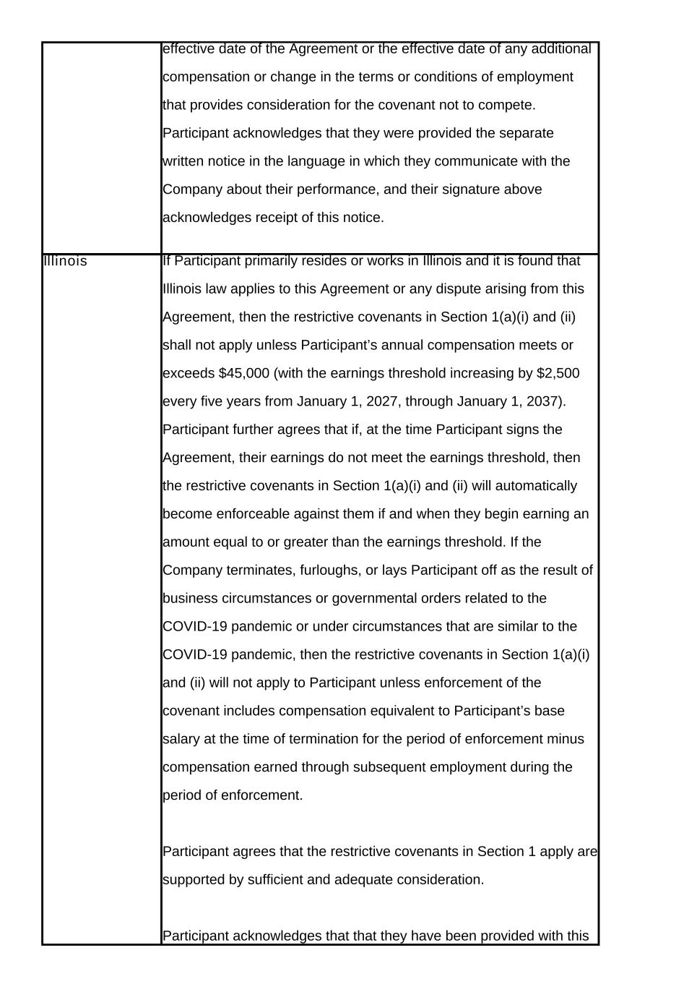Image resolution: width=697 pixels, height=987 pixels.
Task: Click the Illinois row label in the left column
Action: pyautogui.click(x=65, y=261)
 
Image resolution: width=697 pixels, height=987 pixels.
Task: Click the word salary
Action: pyautogui.click(x=181, y=739)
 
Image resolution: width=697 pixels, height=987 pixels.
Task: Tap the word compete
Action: pyautogui.click(x=508, y=105)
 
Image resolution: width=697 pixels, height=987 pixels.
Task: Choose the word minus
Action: pyautogui.click(x=568, y=739)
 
